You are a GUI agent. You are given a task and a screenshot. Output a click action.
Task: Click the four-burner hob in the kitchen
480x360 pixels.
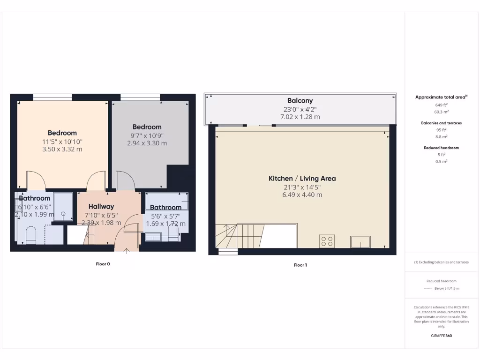coord(327,241)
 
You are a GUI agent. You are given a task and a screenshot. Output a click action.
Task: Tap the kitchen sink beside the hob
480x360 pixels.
coord(360,241)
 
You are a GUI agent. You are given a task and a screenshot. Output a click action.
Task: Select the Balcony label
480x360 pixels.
coord(300,100)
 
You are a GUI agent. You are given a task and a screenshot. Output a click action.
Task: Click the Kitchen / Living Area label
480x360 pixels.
coord(302,178)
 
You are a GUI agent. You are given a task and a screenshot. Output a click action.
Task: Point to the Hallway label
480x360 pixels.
coord(101,206)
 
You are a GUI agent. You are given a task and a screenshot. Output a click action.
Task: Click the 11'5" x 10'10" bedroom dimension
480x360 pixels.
coord(62,141)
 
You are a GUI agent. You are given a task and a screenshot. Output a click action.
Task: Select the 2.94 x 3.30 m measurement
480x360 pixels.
coord(147,143)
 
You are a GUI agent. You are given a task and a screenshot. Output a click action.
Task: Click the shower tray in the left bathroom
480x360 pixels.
coord(63,206)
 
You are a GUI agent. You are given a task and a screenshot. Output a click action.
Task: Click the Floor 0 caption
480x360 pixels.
coord(103,264)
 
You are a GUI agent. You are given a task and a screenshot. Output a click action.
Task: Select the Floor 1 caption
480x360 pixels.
coord(300,265)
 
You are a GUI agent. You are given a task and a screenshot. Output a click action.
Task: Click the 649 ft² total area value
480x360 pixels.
coord(441,105)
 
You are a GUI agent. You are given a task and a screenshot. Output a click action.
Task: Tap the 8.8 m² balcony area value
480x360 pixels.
coord(441,136)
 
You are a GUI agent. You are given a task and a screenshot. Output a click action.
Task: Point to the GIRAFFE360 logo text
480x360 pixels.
coord(441,336)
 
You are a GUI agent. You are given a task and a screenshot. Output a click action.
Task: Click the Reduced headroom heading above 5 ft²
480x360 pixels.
coord(441,148)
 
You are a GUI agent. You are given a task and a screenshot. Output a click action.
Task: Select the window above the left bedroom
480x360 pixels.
coord(52,97)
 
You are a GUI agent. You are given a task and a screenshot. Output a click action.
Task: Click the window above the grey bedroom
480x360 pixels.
coord(140,97)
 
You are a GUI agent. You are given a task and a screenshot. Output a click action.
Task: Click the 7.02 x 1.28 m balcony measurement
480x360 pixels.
coord(300,117)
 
